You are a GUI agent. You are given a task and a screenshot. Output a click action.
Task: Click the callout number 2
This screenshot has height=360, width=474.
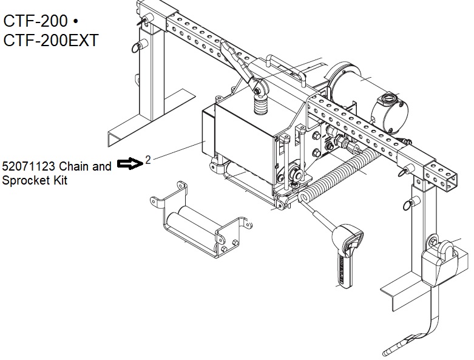(x=147, y=160)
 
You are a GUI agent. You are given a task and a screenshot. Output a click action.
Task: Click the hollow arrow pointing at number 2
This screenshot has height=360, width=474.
(x=130, y=163)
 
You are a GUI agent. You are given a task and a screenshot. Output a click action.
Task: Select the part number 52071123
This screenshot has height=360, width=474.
(x=29, y=166)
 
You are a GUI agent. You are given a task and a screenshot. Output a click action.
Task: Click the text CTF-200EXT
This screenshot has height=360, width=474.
(x=51, y=40)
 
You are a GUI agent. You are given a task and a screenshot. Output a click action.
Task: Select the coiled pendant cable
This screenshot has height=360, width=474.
(x=339, y=175)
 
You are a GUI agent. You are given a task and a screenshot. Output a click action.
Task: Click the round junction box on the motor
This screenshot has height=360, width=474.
(x=390, y=114)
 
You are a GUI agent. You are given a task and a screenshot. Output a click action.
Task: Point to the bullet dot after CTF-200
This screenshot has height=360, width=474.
(x=76, y=22)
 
